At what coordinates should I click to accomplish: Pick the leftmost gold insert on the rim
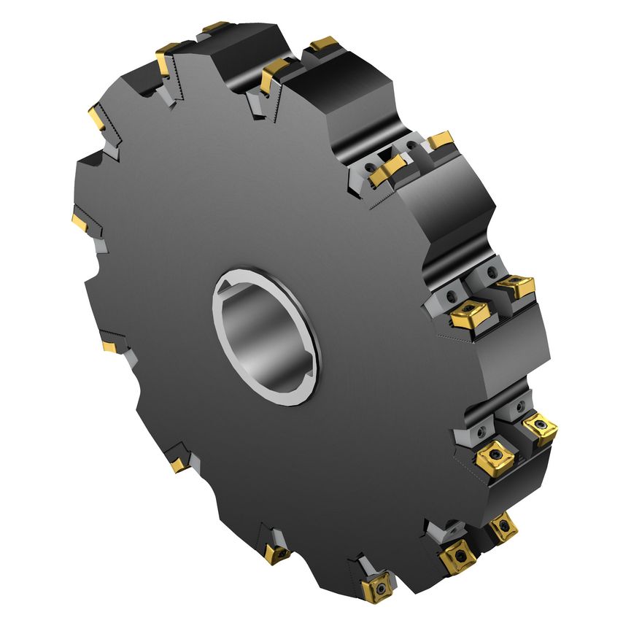79,220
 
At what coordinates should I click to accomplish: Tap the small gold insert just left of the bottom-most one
276,554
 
